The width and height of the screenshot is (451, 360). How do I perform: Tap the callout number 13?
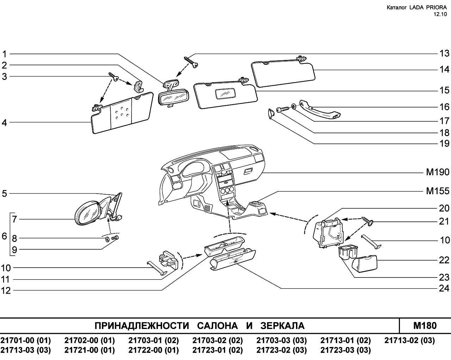tap(444, 54)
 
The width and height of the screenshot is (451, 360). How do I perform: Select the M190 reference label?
tap(438, 172)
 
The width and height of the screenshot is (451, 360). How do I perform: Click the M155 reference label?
tap(438, 191)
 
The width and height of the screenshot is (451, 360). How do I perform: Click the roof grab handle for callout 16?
tap(320, 110)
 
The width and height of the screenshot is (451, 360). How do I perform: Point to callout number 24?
tap(444, 288)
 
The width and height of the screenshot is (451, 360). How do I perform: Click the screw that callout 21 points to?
tap(369, 221)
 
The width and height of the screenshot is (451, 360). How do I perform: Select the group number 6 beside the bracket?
tap(4, 236)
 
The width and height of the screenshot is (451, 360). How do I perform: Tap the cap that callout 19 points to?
tap(271, 114)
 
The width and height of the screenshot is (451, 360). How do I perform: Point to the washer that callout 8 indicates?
tap(107, 239)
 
